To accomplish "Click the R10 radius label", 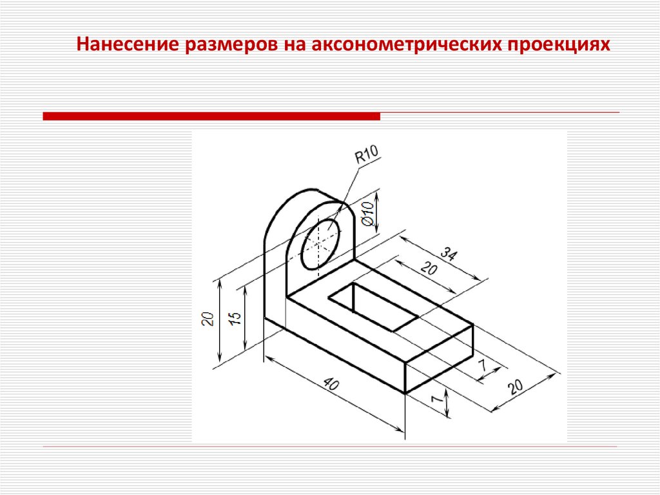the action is [x=367, y=154].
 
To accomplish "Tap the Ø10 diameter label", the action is [x=367, y=214].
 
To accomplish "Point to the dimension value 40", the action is [x=332, y=385].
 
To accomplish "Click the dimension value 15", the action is [x=236, y=318].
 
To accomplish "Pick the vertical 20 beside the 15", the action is [x=208, y=318].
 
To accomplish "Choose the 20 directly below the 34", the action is [x=429, y=268].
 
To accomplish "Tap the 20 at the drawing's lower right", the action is [x=515, y=386].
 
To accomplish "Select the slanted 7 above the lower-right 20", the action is [x=483, y=365].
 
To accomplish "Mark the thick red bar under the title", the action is [x=211, y=116].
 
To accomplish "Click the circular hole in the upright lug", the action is [x=321, y=244].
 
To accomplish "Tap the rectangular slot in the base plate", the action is [x=373, y=307].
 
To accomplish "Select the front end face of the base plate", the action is [x=439, y=359].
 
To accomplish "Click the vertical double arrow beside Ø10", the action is [x=376, y=212].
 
